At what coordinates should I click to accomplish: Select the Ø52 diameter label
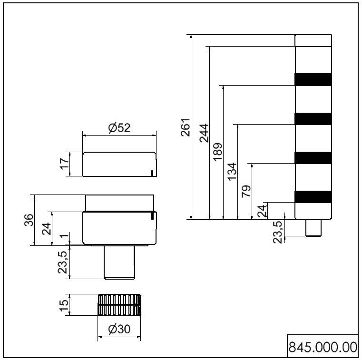(119, 127)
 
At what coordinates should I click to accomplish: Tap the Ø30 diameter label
(119, 329)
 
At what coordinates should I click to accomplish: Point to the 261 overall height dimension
(185, 127)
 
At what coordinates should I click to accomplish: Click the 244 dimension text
(204, 133)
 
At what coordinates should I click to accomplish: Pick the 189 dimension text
(218, 152)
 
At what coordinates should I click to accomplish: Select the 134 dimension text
(232, 172)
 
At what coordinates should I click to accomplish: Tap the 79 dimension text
(246, 191)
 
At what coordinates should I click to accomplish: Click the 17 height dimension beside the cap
(64, 165)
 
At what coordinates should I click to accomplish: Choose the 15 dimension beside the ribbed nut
(64, 303)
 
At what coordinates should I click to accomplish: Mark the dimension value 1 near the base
(64, 237)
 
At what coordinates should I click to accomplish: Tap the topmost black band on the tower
(313, 80)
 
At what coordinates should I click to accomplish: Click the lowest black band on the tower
(313, 196)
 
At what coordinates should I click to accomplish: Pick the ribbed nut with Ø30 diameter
(119, 304)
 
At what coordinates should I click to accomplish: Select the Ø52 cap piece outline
(119, 165)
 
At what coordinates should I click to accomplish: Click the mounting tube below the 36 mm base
(120, 262)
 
